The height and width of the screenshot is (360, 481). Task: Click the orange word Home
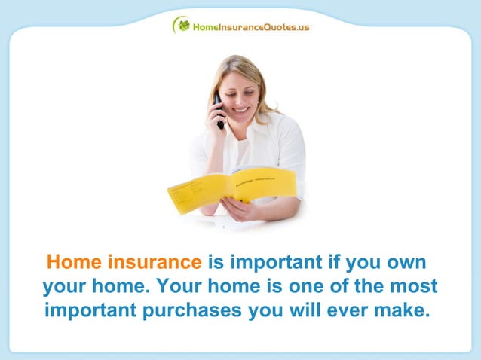[x=74, y=263]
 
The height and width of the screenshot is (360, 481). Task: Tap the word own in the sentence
[x=406, y=263]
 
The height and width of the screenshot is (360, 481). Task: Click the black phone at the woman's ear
[x=219, y=110]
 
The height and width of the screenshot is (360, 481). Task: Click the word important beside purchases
[x=90, y=310]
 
